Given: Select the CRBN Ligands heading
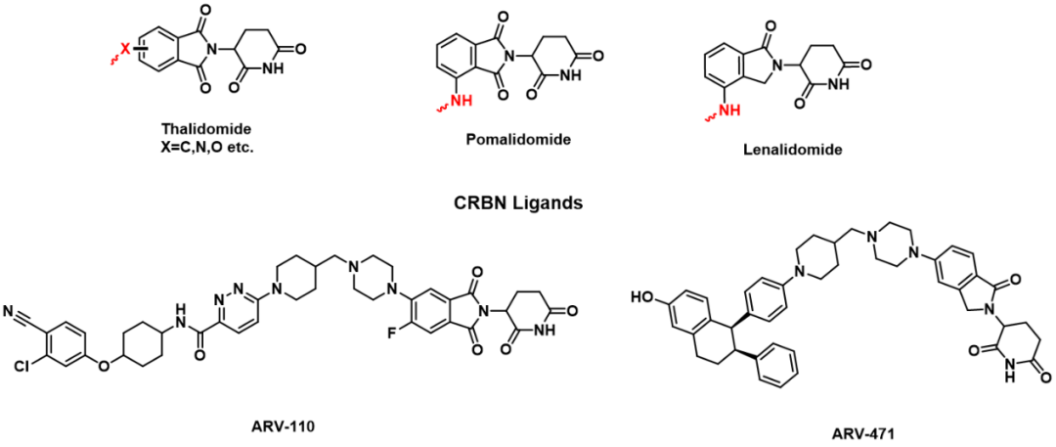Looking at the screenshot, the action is click(529, 201).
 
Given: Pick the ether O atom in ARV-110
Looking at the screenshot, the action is click(104, 366).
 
